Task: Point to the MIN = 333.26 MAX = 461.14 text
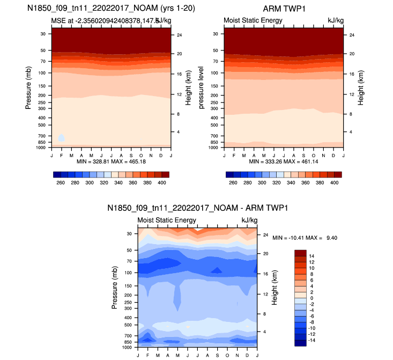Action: [x=283, y=161]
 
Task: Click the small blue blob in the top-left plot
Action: [x=62, y=138]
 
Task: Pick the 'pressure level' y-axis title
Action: [x=201, y=87]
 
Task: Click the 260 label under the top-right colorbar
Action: [x=233, y=182]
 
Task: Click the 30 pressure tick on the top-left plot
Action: [x=42, y=34]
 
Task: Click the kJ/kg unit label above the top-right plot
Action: [x=335, y=20]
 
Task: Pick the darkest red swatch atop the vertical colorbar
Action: [x=300, y=253]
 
